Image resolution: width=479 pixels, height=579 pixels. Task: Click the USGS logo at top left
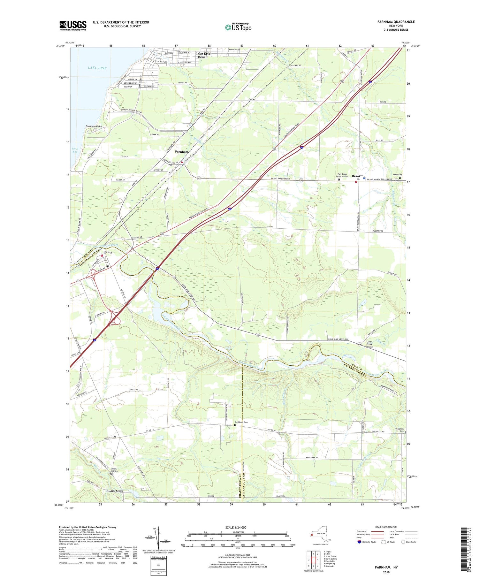point(73,26)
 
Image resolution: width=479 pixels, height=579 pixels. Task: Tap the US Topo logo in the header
point(238,27)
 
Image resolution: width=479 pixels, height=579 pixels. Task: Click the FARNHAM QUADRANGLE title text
point(396,22)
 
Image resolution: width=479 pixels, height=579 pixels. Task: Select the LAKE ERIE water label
point(97,68)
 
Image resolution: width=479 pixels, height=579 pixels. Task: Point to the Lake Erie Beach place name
point(203,55)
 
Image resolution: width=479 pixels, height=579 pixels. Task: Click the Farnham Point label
point(94,126)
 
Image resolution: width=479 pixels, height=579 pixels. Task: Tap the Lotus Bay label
point(75,150)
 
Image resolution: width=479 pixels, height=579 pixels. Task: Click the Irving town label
point(108,252)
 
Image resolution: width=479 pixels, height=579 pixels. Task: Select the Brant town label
point(356,176)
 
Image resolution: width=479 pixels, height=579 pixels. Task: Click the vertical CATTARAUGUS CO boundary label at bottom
point(244,487)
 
